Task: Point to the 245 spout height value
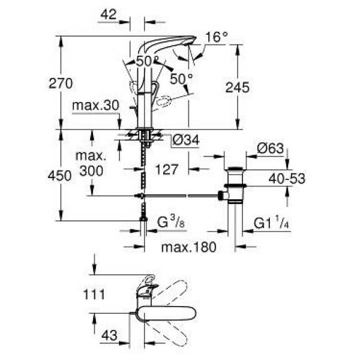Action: pyautogui.click(x=237, y=87)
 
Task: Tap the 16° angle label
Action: pyautogui.click(x=217, y=37)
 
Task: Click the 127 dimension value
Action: pyautogui.click(x=166, y=169)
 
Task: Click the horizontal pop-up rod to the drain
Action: pyautogui.click(x=180, y=196)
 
